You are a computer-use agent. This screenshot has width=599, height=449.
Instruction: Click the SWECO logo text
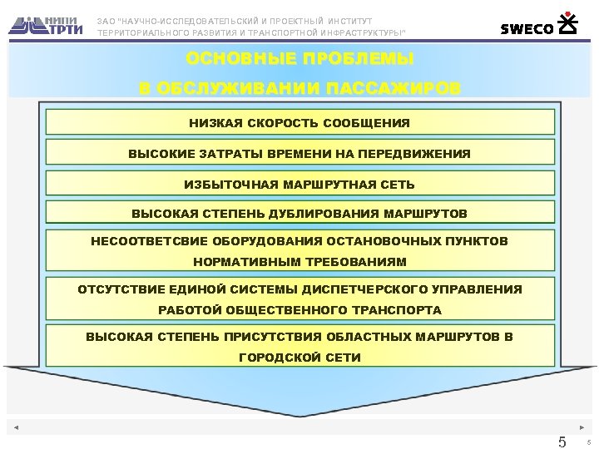[x=527, y=29]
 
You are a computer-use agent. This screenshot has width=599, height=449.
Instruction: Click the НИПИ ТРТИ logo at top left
[x=47, y=24]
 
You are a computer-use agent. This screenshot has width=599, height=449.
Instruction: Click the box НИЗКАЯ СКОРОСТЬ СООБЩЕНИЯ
[x=299, y=123]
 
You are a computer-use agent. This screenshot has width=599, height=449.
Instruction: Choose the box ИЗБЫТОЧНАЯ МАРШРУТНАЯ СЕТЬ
[x=299, y=184]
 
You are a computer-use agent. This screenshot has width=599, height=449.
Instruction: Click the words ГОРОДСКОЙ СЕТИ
[x=299, y=358]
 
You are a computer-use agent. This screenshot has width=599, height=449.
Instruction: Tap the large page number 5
[x=562, y=442]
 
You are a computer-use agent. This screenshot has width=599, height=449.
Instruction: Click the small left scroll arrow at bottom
[x=16, y=428]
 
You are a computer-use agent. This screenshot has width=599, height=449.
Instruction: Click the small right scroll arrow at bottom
[x=582, y=428]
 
